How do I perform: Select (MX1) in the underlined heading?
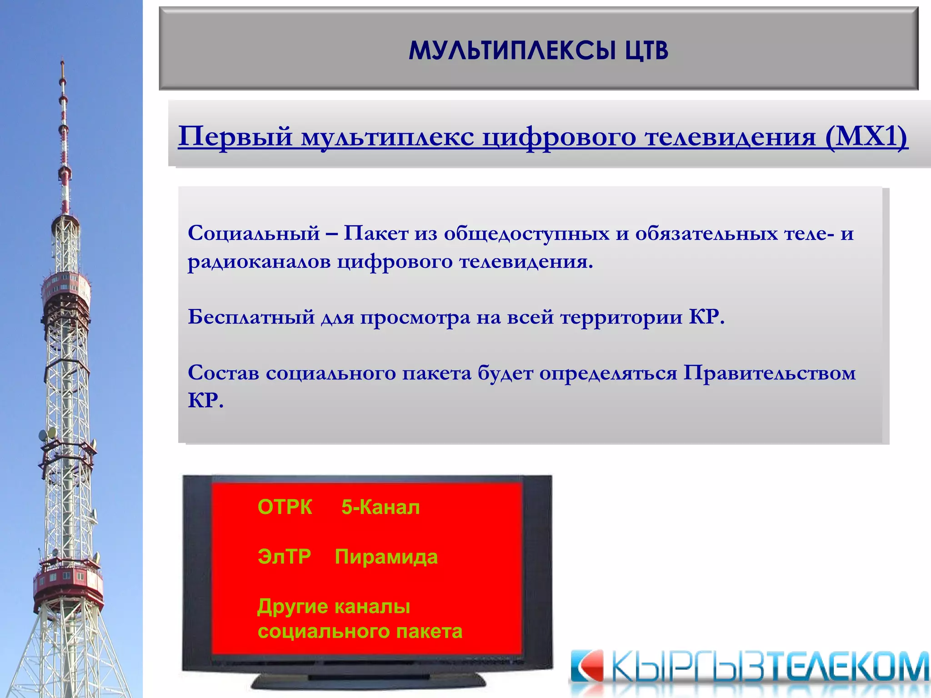point(866,136)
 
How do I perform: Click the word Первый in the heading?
point(235,136)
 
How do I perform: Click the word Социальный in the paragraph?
point(254,233)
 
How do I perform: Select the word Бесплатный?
point(251,317)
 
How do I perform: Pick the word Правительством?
point(770,373)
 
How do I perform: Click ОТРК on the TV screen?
point(285,507)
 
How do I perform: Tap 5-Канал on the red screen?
point(380,507)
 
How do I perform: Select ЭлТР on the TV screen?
point(284,556)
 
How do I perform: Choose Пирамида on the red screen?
point(386,556)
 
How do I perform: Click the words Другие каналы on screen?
point(334,606)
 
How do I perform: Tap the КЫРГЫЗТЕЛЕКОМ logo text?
point(768,667)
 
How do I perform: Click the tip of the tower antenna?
point(62,61)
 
